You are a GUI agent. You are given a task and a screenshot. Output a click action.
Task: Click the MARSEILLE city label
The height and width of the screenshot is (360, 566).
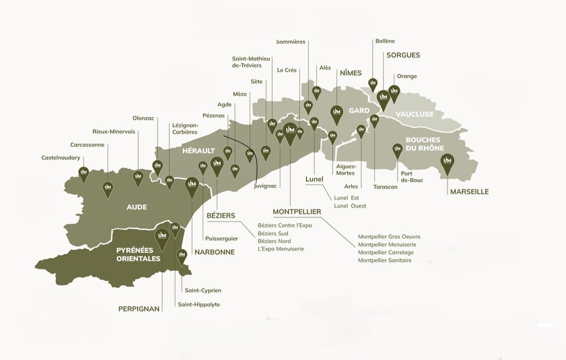coord(469,192)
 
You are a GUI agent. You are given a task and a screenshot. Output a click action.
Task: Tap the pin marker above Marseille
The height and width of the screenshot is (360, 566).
coord(447,162)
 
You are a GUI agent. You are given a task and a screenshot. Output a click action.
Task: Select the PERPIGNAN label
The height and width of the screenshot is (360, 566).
coord(139,309)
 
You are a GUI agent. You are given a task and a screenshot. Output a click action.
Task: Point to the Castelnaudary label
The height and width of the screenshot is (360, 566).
coord(61,158)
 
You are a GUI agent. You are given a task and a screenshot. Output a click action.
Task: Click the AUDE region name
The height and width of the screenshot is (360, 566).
coord(137,207)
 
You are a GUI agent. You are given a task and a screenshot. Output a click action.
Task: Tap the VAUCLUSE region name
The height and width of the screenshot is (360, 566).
coord(414,114)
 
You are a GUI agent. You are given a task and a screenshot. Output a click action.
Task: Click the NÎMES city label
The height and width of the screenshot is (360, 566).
coord(351,73)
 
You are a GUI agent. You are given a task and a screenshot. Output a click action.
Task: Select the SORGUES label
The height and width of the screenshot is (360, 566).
coord(403,55)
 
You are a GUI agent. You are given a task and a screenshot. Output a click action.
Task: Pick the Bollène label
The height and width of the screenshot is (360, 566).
coord(385,41)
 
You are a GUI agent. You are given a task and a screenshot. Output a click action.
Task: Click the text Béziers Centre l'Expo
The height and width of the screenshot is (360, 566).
coord(285,226)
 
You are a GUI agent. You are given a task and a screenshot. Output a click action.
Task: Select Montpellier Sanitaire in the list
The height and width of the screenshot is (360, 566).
coord(385,261)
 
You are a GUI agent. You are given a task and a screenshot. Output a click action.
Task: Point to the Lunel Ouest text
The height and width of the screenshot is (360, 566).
coord(350,206)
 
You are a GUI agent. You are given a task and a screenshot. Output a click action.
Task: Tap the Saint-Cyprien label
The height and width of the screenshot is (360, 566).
coord(203,291)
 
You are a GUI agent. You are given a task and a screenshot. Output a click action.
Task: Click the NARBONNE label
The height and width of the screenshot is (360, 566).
coord(214,252)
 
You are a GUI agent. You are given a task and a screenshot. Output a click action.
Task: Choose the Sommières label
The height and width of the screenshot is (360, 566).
coord(291,42)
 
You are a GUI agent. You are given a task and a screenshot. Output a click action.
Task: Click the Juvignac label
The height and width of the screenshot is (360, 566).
coord(266,186)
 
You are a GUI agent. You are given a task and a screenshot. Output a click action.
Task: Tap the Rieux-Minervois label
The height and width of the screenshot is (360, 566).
coord(114,132)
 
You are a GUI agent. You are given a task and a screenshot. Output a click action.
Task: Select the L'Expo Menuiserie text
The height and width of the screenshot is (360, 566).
coord(281,249)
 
